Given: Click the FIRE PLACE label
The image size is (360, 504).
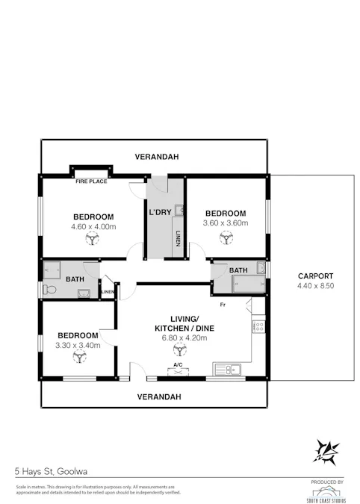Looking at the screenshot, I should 91,181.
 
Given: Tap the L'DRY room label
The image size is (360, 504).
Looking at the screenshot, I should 160,213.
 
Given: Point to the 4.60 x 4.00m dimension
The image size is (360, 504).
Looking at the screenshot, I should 93,226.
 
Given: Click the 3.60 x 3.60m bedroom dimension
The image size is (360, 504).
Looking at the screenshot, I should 225,222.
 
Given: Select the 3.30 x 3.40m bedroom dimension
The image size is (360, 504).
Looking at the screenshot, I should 78,345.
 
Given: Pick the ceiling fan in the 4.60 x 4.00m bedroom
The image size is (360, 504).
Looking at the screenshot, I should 93,239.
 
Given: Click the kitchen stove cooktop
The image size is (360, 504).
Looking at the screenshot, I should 258,326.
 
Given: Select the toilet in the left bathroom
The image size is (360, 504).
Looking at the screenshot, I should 49,288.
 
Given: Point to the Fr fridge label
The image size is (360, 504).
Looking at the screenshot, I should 223,305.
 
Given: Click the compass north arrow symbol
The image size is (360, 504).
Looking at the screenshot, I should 326,451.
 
